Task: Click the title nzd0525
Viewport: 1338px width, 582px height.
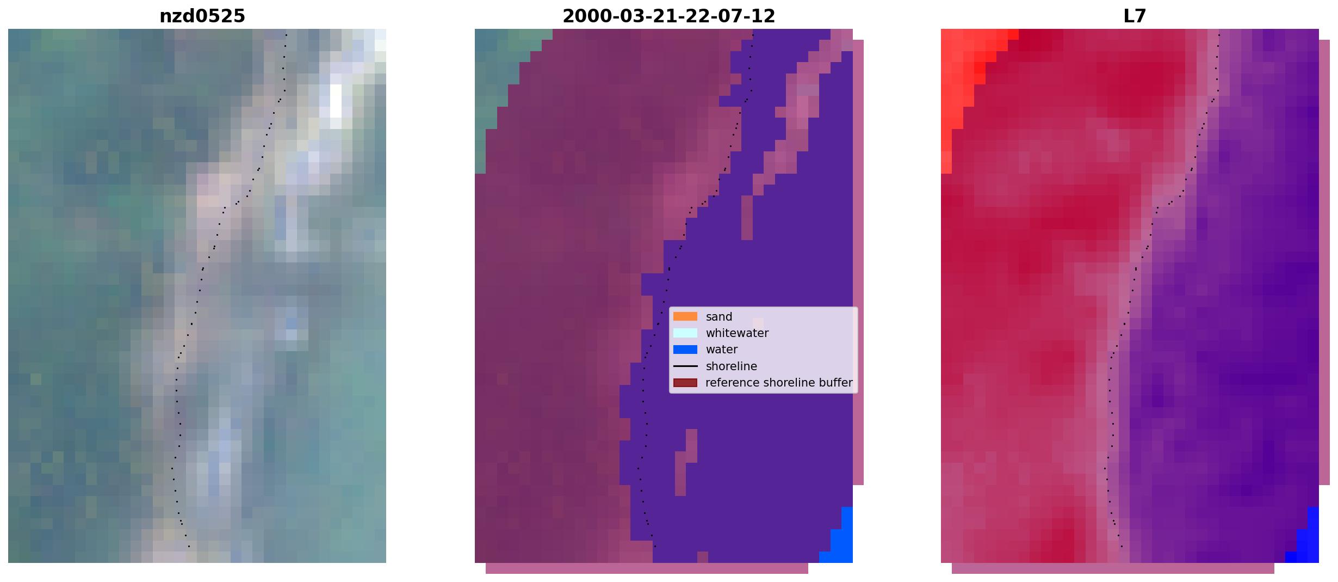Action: (202, 16)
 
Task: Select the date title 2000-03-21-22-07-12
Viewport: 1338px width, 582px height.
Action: (668, 16)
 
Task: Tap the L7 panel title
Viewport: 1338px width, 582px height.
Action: (1135, 16)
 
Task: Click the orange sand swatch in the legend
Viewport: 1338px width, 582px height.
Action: (685, 316)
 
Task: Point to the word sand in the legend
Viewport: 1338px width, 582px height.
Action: (719, 317)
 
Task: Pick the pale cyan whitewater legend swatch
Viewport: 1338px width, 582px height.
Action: (685, 333)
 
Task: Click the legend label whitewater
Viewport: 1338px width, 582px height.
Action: (737, 333)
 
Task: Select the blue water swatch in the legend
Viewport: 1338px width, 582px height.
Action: (685, 350)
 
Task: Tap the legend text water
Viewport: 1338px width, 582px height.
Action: (721, 350)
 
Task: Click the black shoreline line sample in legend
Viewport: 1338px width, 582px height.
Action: (685, 366)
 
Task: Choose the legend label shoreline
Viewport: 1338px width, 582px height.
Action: (731, 366)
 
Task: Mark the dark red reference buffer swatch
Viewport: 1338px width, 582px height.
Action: (685, 383)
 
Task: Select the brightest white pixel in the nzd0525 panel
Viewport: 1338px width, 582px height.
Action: (336, 101)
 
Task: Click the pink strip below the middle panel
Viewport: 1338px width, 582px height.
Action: (647, 568)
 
